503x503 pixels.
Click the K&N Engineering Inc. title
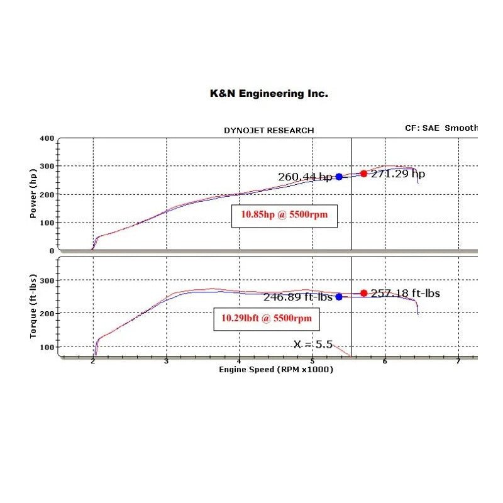click(x=268, y=93)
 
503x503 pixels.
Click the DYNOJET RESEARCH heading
click(x=268, y=130)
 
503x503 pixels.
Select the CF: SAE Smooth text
click(x=441, y=128)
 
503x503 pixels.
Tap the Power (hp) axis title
click(x=34, y=194)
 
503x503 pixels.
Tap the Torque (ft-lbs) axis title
click(x=34, y=307)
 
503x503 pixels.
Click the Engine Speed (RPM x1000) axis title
click(x=275, y=370)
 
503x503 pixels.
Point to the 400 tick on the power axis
click(x=46, y=138)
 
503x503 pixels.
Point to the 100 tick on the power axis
click(x=46, y=223)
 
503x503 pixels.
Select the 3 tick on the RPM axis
click(x=166, y=362)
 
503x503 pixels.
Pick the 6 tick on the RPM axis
click(x=385, y=362)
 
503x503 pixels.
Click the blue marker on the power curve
click(x=339, y=177)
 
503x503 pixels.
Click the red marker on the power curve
click(x=363, y=174)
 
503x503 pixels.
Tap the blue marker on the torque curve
click(x=339, y=297)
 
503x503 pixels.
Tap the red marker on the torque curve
click(x=364, y=293)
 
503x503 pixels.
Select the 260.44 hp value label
click(x=305, y=177)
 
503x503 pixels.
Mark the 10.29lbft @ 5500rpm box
click(x=266, y=319)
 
